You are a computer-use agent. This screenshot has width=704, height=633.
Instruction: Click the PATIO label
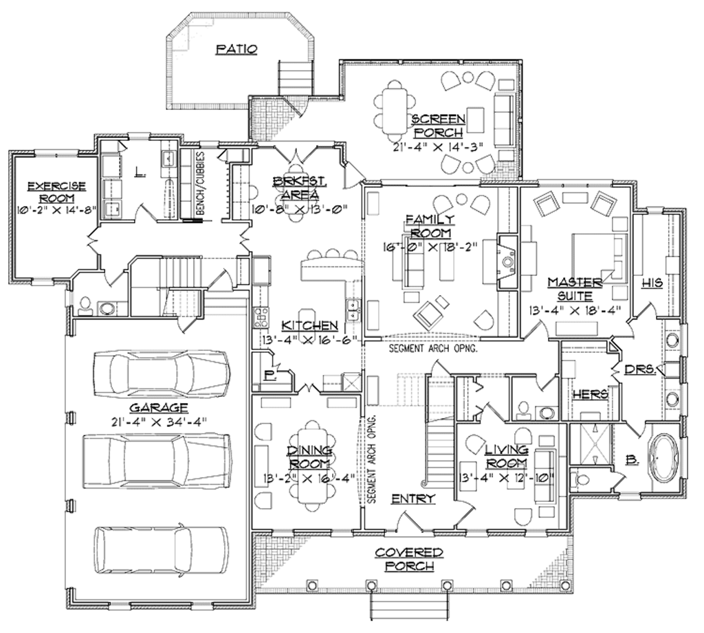(x=236, y=49)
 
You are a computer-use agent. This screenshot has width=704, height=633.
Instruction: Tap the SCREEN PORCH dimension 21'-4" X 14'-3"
(x=438, y=145)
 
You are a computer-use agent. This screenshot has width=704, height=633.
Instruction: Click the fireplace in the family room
(x=507, y=262)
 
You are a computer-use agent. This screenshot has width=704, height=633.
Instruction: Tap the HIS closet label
(x=652, y=283)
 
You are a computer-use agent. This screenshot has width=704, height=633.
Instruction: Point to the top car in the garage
(x=162, y=374)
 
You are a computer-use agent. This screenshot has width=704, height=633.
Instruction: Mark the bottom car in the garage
(x=162, y=549)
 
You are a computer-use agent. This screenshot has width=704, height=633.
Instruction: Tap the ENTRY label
(x=412, y=499)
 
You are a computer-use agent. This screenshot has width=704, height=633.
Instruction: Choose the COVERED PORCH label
(x=409, y=559)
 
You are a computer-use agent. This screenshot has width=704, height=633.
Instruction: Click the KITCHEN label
(x=309, y=325)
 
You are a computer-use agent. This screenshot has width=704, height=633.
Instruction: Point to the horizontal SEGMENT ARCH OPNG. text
(x=433, y=348)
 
